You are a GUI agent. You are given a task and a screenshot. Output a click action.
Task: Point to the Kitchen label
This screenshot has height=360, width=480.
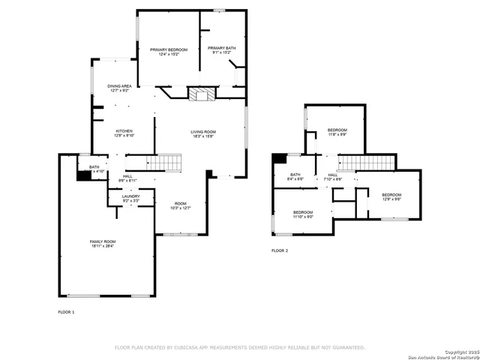(x=124, y=133)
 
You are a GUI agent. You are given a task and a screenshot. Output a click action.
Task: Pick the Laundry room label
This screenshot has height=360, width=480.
(x=130, y=198)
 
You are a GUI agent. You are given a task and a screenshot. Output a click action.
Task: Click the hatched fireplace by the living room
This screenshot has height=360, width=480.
(x=199, y=94)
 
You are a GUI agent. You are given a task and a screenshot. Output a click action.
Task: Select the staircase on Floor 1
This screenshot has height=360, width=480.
(x=163, y=162)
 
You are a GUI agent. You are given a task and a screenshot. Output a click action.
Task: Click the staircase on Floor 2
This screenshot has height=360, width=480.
(x=367, y=163)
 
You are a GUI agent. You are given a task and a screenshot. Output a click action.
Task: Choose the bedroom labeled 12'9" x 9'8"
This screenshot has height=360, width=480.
(x=391, y=197)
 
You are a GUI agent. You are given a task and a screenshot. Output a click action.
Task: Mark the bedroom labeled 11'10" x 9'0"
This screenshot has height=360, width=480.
(x=303, y=214)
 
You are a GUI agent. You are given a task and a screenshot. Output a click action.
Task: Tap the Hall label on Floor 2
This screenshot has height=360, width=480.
(x=332, y=177)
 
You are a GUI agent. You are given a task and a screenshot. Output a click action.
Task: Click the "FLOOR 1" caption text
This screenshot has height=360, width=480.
(x=67, y=311)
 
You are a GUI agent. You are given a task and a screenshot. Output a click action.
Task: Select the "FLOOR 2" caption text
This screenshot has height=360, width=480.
(x=280, y=250)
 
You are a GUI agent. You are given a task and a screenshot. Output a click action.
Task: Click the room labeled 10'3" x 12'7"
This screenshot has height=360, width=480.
(x=181, y=205)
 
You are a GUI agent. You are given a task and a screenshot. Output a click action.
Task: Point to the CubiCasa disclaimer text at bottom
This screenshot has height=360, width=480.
(x=239, y=347)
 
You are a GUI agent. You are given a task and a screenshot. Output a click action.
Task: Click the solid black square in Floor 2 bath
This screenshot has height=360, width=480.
(x=279, y=157)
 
